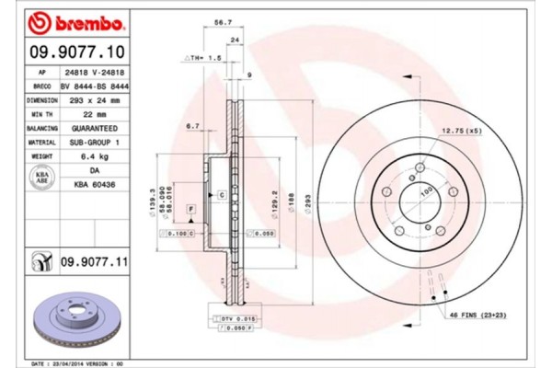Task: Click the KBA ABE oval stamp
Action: click(x=41, y=178)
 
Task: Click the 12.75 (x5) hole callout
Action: click(x=462, y=132)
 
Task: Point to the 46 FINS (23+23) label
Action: click(x=479, y=316)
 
